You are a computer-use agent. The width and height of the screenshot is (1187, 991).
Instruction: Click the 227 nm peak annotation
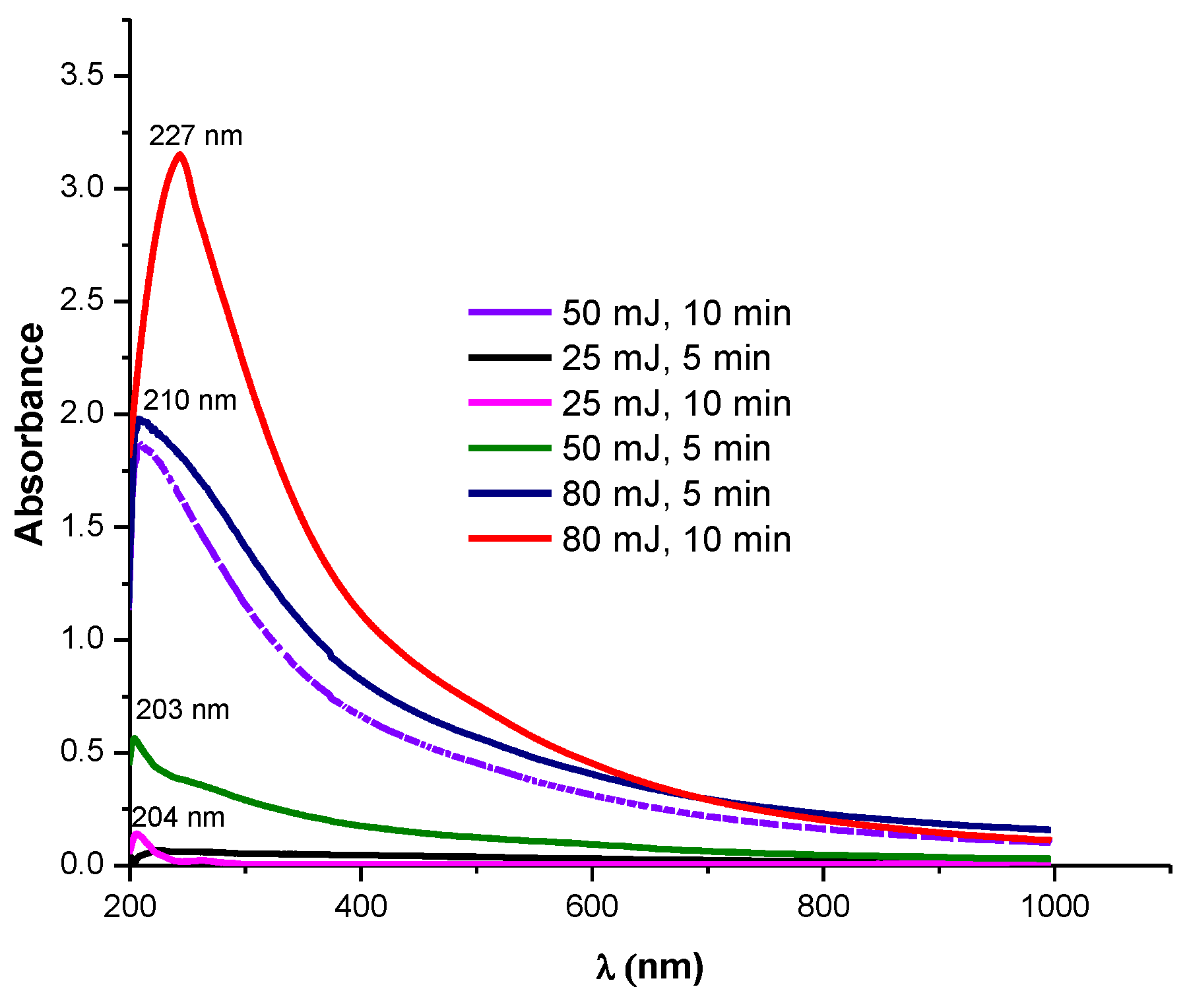pos(195,137)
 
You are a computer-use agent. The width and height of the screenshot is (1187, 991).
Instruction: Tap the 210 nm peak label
pos(189,401)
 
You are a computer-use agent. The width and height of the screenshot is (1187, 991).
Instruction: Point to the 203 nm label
pos(183,711)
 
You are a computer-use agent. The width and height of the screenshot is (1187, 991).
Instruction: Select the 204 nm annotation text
pos(178,818)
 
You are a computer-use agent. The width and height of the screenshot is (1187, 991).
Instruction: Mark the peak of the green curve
pos(135,738)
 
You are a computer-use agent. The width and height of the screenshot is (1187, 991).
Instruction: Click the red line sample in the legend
pos(509,539)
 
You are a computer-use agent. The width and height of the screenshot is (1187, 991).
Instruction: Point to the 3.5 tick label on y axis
pos(82,76)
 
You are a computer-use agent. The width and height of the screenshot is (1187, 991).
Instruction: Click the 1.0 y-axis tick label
pos(82,639)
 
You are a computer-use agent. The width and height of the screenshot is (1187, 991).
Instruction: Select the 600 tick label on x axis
pos(592,907)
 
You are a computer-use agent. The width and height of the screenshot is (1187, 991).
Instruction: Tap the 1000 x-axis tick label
pos(1054,907)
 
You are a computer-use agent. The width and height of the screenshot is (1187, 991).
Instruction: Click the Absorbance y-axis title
pos(30,434)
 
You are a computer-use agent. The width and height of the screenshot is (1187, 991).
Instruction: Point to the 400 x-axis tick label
pos(360,907)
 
